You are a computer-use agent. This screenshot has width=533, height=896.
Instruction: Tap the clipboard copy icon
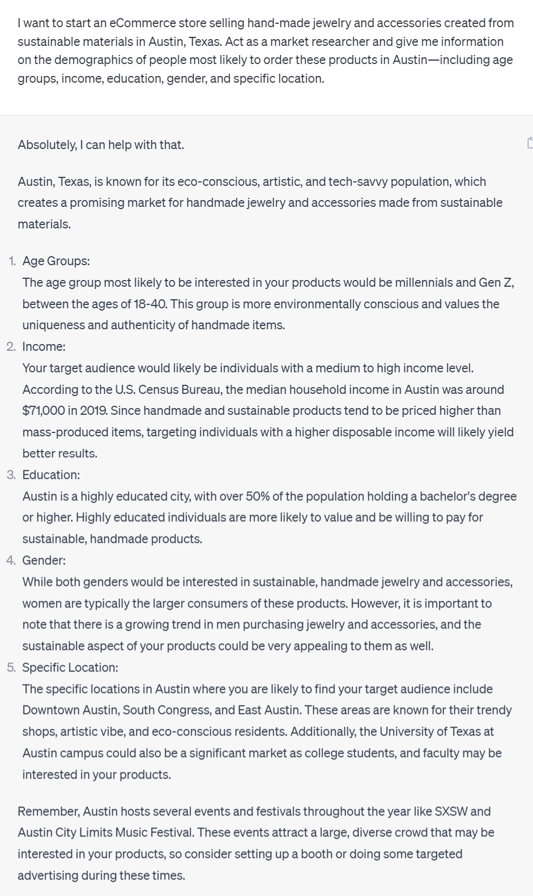click(x=530, y=142)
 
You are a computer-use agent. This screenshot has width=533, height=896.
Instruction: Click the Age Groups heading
click(x=56, y=261)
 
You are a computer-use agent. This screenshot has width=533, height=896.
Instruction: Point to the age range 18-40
click(x=150, y=304)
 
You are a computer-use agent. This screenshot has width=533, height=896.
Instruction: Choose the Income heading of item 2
click(x=44, y=346)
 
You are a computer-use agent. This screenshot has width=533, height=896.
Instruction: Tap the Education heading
click(x=51, y=474)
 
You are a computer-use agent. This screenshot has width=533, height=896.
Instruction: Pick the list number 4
click(x=11, y=560)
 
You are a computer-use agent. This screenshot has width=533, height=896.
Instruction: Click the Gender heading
click(x=44, y=560)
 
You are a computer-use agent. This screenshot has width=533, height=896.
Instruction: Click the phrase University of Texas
click(x=430, y=732)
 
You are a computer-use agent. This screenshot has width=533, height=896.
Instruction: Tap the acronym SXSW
click(x=451, y=811)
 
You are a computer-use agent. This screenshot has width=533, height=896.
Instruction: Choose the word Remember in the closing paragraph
click(x=48, y=811)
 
